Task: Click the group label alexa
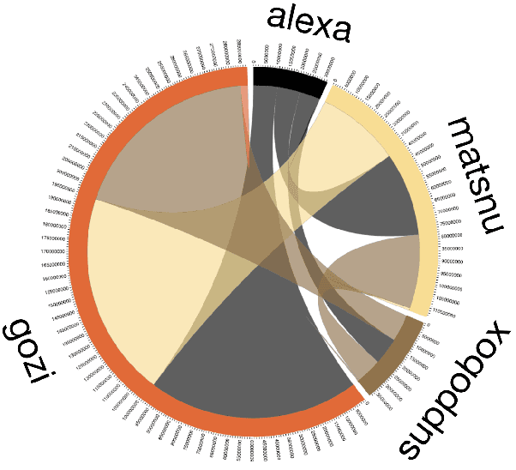[x=309, y=24]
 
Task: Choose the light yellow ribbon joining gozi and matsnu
[x=129, y=283]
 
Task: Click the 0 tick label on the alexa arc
[x=254, y=62]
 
